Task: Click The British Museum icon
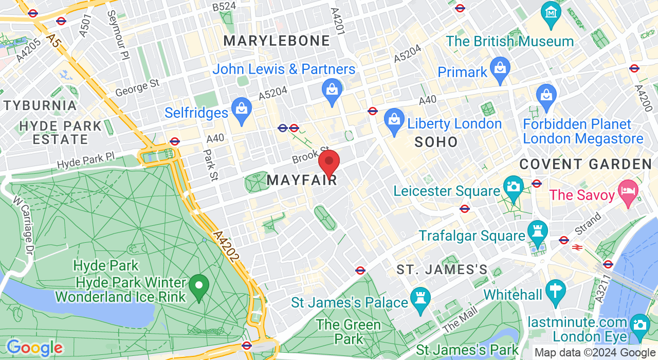[551, 13]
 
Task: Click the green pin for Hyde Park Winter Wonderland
[199, 285]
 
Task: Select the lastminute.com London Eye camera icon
[639, 325]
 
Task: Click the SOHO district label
[436, 142]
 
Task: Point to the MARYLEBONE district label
[277, 41]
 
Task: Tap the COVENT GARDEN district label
[585, 165]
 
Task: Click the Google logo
[34, 348]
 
